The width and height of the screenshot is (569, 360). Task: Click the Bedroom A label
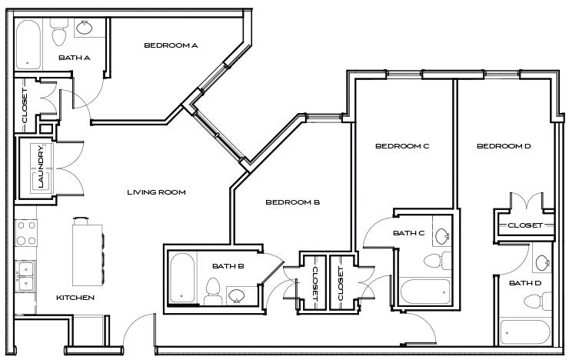(x=171, y=45)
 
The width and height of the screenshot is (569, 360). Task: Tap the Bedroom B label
(x=292, y=203)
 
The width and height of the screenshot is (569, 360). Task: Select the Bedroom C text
(x=401, y=146)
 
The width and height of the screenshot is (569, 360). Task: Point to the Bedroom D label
(x=504, y=146)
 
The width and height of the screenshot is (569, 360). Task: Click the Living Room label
(x=156, y=192)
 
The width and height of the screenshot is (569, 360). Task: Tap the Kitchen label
(x=75, y=298)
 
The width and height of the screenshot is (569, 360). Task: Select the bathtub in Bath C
(x=424, y=291)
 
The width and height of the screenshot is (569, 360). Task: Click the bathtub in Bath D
(x=524, y=332)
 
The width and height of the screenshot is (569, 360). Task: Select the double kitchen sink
(x=25, y=275)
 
